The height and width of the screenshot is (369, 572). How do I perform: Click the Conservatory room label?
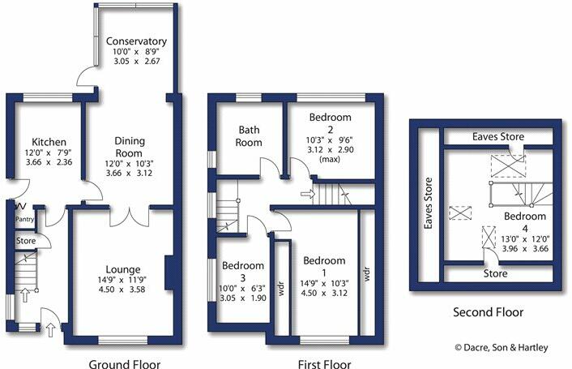136,41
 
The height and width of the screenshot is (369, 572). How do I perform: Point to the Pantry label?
23,218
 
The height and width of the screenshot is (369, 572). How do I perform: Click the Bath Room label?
248,135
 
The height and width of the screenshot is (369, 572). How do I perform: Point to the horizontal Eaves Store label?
498,138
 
